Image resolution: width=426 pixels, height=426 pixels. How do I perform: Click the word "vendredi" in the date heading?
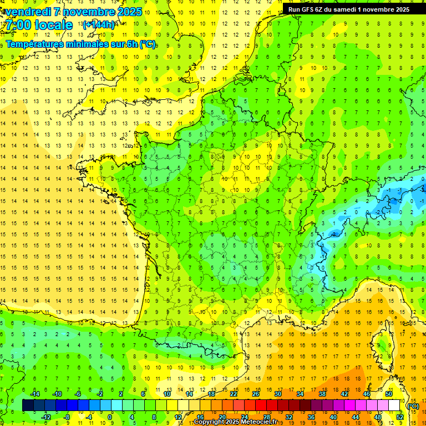click(x=27, y=12)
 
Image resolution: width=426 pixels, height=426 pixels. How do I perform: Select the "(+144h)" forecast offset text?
click(x=98, y=25)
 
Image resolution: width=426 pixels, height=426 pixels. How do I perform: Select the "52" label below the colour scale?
click(x=400, y=417)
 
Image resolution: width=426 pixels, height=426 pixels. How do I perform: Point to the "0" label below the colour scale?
click(x=110, y=417)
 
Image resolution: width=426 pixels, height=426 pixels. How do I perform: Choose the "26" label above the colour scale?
click(x=256, y=394)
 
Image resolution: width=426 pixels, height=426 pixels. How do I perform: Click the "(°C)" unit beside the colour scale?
click(x=413, y=406)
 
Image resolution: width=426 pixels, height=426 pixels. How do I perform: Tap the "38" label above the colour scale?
click(x=322, y=394)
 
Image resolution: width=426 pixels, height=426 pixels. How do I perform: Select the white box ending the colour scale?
click(x=394, y=405)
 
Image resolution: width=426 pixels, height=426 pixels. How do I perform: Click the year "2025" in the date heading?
click(x=129, y=12)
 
